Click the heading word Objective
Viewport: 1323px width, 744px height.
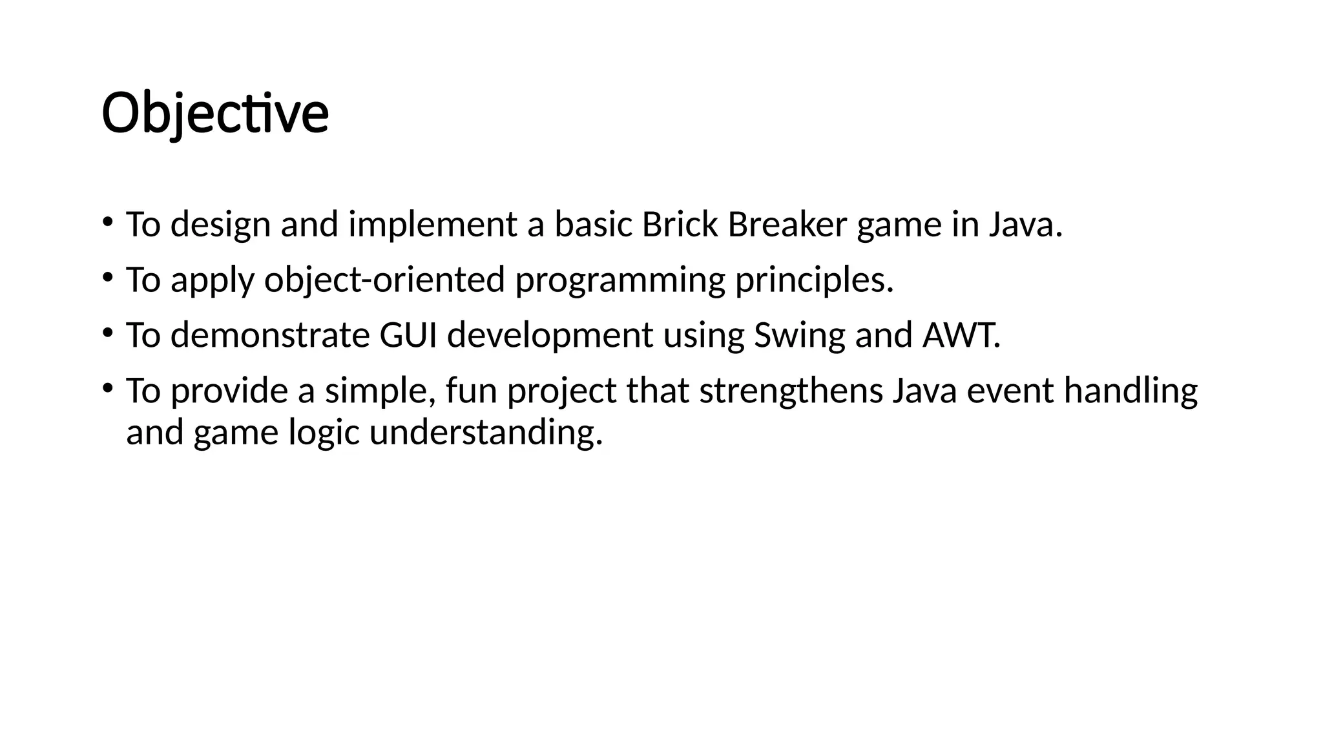click(x=215, y=114)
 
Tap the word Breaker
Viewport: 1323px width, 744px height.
click(x=787, y=225)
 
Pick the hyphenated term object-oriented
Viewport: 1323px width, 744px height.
click(x=384, y=281)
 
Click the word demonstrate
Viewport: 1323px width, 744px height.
click(x=269, y=335)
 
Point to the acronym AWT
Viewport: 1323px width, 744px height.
click(x=961, y=335)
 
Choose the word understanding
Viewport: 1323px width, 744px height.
click(x=486, y=433)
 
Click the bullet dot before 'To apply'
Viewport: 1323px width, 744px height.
click(x=107, y=277)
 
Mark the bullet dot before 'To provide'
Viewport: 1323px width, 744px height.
click(x=107, y=387)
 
